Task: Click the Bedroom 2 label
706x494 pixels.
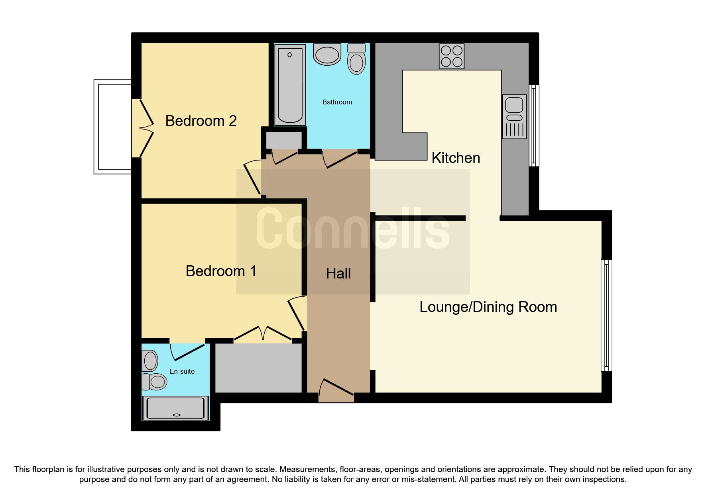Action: [x=201, y=121]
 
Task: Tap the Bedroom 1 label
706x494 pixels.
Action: [x=221, y=271]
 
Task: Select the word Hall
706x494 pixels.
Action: [x=338, y=273]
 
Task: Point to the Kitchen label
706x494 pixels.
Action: [x=456, y=158]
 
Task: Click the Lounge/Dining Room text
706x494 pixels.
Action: [x=488, y=307]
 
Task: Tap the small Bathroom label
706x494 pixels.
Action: [x=337, y=102]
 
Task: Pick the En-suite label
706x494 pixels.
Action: [x=182, y=371]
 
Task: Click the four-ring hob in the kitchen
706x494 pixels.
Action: [x=452, y=56]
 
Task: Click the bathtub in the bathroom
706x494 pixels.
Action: [x=290, y=85]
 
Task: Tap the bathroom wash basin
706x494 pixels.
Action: [x=327, y=55]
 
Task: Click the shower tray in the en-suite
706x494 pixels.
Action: [x=176, y=408]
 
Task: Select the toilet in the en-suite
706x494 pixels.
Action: [x=154, y=382]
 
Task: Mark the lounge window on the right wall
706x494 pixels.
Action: [x=606, y=315]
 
